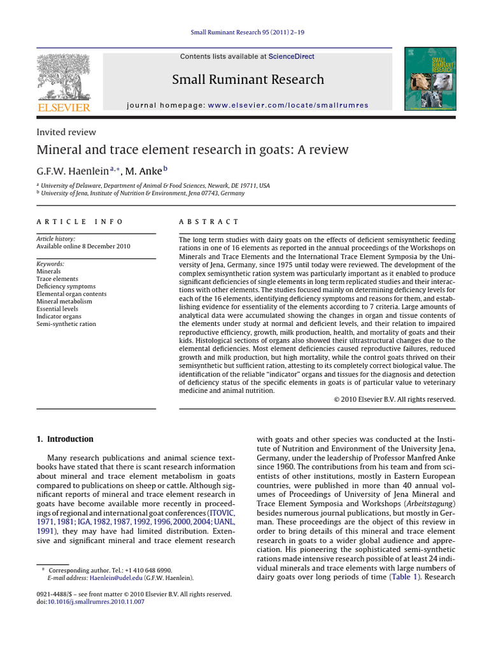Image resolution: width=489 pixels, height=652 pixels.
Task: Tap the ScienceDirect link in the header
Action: [x=291, y=57]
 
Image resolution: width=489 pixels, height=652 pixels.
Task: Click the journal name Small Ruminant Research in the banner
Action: [x=248, y=80]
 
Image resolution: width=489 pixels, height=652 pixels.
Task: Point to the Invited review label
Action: [x=66, y=132]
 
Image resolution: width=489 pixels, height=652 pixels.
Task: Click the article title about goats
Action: [x=192, y=150]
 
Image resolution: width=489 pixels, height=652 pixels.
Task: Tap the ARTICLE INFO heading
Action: [x=80, y=222]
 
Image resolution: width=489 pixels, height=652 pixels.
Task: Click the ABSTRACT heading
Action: [x=209, y=222]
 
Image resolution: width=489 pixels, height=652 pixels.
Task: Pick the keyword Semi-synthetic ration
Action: [x=66, y=324]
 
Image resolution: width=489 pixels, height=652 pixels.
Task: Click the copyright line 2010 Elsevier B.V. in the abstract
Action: [x=394, y=399]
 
